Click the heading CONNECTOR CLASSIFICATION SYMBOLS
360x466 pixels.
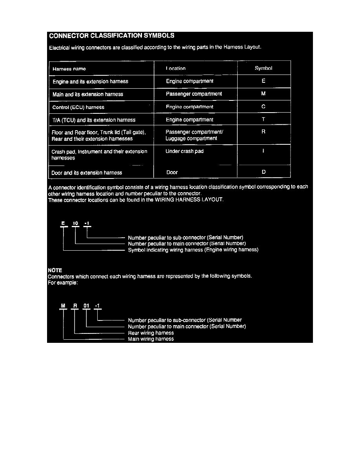(x=112, y=36)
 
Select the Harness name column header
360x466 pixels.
(x=69, y=69)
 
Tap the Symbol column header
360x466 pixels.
(x=263, y=68)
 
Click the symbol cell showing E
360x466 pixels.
(x=263, y=81)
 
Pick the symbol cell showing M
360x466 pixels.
(x=263, y=94)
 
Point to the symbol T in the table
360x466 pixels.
(x=263, y=119)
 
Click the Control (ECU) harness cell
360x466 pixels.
(x=78, y=107)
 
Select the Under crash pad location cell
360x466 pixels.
(x=184, y=151)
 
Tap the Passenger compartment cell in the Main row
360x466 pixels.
(x=194, y=94)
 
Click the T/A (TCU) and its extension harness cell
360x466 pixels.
(x=94, y=120)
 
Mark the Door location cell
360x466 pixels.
(x=172, y=172)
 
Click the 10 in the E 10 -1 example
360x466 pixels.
(x=76, y=223)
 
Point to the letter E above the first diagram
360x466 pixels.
(x=63, y=223)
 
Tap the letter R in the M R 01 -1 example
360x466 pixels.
(x=75, y=306)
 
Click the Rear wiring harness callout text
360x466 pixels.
(x=151, y=333)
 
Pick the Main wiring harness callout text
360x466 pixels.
(x=151, y=339)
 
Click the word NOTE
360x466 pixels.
(x=55, y=270)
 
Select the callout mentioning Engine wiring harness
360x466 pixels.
(x=193, y=250)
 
